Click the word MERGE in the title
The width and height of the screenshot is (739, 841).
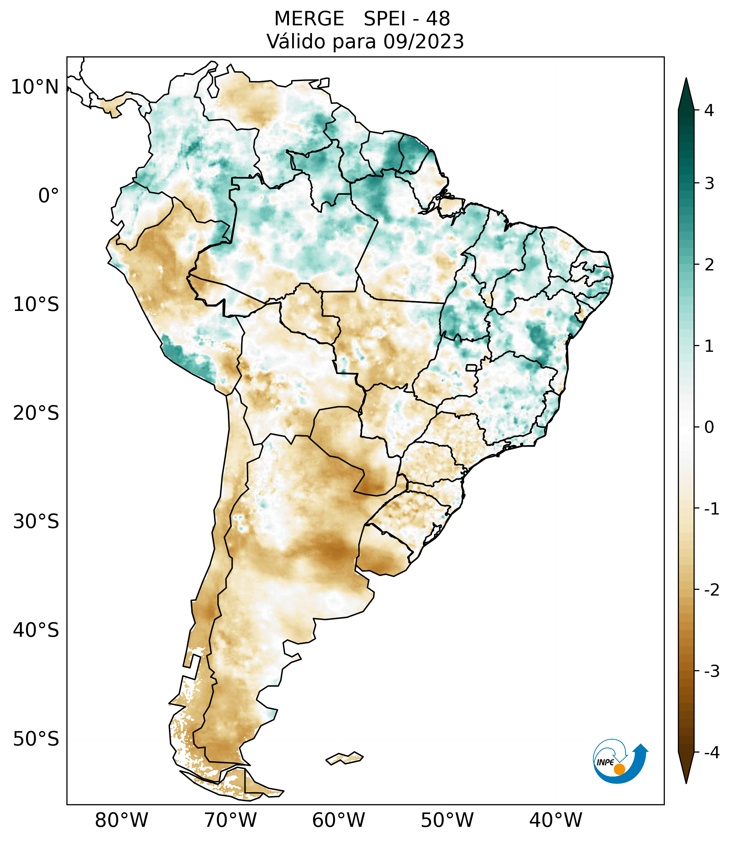click(x=309, y=19)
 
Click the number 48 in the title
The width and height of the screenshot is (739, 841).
click(x=438, y=19)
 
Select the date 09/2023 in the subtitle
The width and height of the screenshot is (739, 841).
click(x=423, y=42)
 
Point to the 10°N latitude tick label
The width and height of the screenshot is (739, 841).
click(x=35, y=87)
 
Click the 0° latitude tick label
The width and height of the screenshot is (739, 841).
click(x=49, y=196)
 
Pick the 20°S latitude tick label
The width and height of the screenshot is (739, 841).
click(x=36, y=413)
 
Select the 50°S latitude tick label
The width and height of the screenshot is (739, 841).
click(x=36, y=739)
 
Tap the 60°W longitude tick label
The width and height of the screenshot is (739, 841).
click(x=338, y=820)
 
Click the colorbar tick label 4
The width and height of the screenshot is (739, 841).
click(x=709, y=110)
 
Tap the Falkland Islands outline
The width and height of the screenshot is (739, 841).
click(x=344, y=758)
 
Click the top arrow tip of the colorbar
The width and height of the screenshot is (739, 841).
click(x=686, y=79)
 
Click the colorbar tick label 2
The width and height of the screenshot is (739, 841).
click(x=709, y=265)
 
